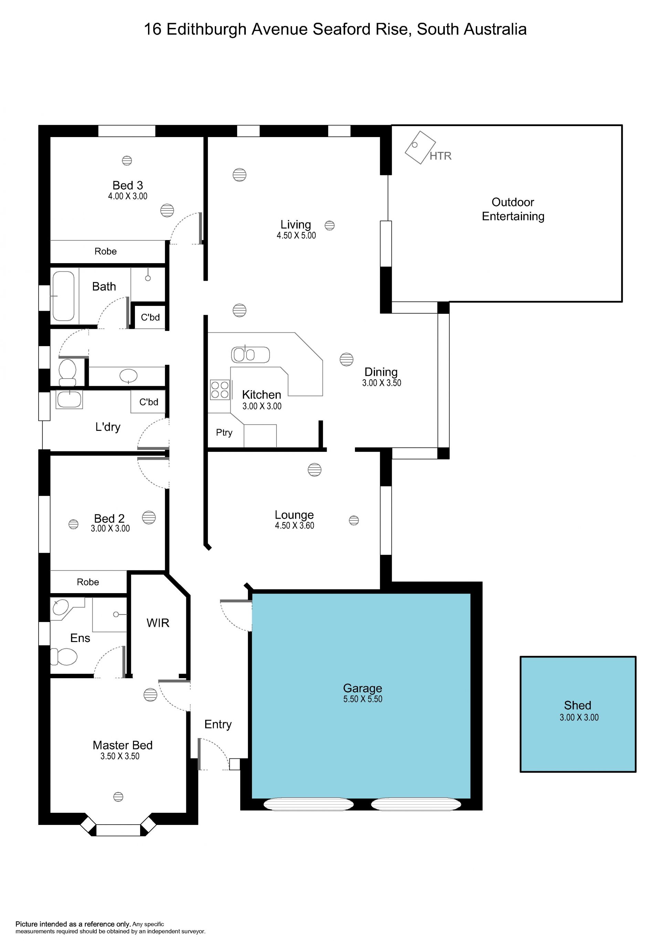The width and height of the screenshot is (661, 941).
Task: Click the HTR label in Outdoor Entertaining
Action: coord(440,156)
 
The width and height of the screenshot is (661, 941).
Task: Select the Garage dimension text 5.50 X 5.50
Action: coord(363,699)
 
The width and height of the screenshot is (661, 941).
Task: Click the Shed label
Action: coord(577,705)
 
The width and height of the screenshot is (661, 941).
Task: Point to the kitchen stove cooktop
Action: coord(220,390)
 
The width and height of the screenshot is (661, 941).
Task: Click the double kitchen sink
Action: coord(250,354)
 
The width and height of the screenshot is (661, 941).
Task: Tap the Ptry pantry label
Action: coord(224,433)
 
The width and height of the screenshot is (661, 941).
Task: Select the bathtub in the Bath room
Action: coord(63,296)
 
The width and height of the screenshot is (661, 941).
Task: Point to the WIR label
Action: coord(158,623)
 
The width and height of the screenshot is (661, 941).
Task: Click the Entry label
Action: coord(218,725)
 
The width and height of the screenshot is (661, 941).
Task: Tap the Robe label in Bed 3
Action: coord(106,251)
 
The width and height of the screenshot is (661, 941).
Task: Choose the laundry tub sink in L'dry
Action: coord(69,399)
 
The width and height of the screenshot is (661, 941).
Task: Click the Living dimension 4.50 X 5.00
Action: coord(296,236)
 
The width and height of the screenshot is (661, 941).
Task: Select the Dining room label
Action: coord(381,372)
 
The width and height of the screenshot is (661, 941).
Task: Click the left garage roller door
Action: coord(308,804)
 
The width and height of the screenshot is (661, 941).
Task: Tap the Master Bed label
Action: coord(123,745)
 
